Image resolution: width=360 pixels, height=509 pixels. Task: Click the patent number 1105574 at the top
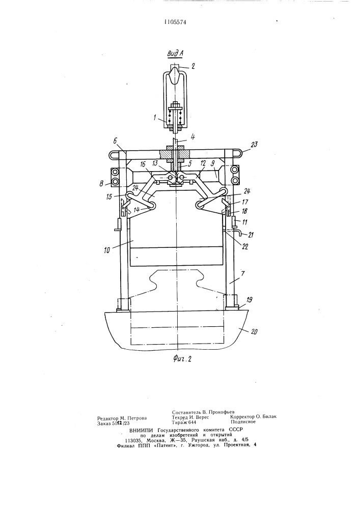pyautogui.click(x=175, y=22)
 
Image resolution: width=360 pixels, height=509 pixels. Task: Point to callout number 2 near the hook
pyautogui.click(x=193, y=66)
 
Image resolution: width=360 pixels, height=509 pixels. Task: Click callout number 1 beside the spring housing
pyautogui.click(x=154, y=117)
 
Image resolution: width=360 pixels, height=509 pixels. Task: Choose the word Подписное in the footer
pyautogui.click(x=243, y=422)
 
